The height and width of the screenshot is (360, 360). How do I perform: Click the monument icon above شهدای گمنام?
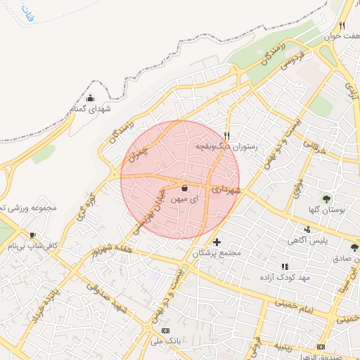click(91, 98)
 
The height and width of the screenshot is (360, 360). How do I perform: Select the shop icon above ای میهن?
click(184, 188)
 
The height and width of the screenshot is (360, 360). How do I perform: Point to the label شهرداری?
click(227, 190)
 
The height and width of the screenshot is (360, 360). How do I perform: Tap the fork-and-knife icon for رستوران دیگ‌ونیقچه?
click(226, 135)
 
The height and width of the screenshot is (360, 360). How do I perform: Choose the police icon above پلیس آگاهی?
click(307, 229)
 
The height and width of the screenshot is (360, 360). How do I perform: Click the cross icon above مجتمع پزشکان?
click(217, 242)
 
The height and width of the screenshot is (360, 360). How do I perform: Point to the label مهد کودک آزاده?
click(285, 277)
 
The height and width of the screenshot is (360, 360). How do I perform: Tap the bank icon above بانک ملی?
click(165, 330)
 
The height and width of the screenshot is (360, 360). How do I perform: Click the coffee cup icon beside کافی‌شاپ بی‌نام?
click(32, 235)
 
